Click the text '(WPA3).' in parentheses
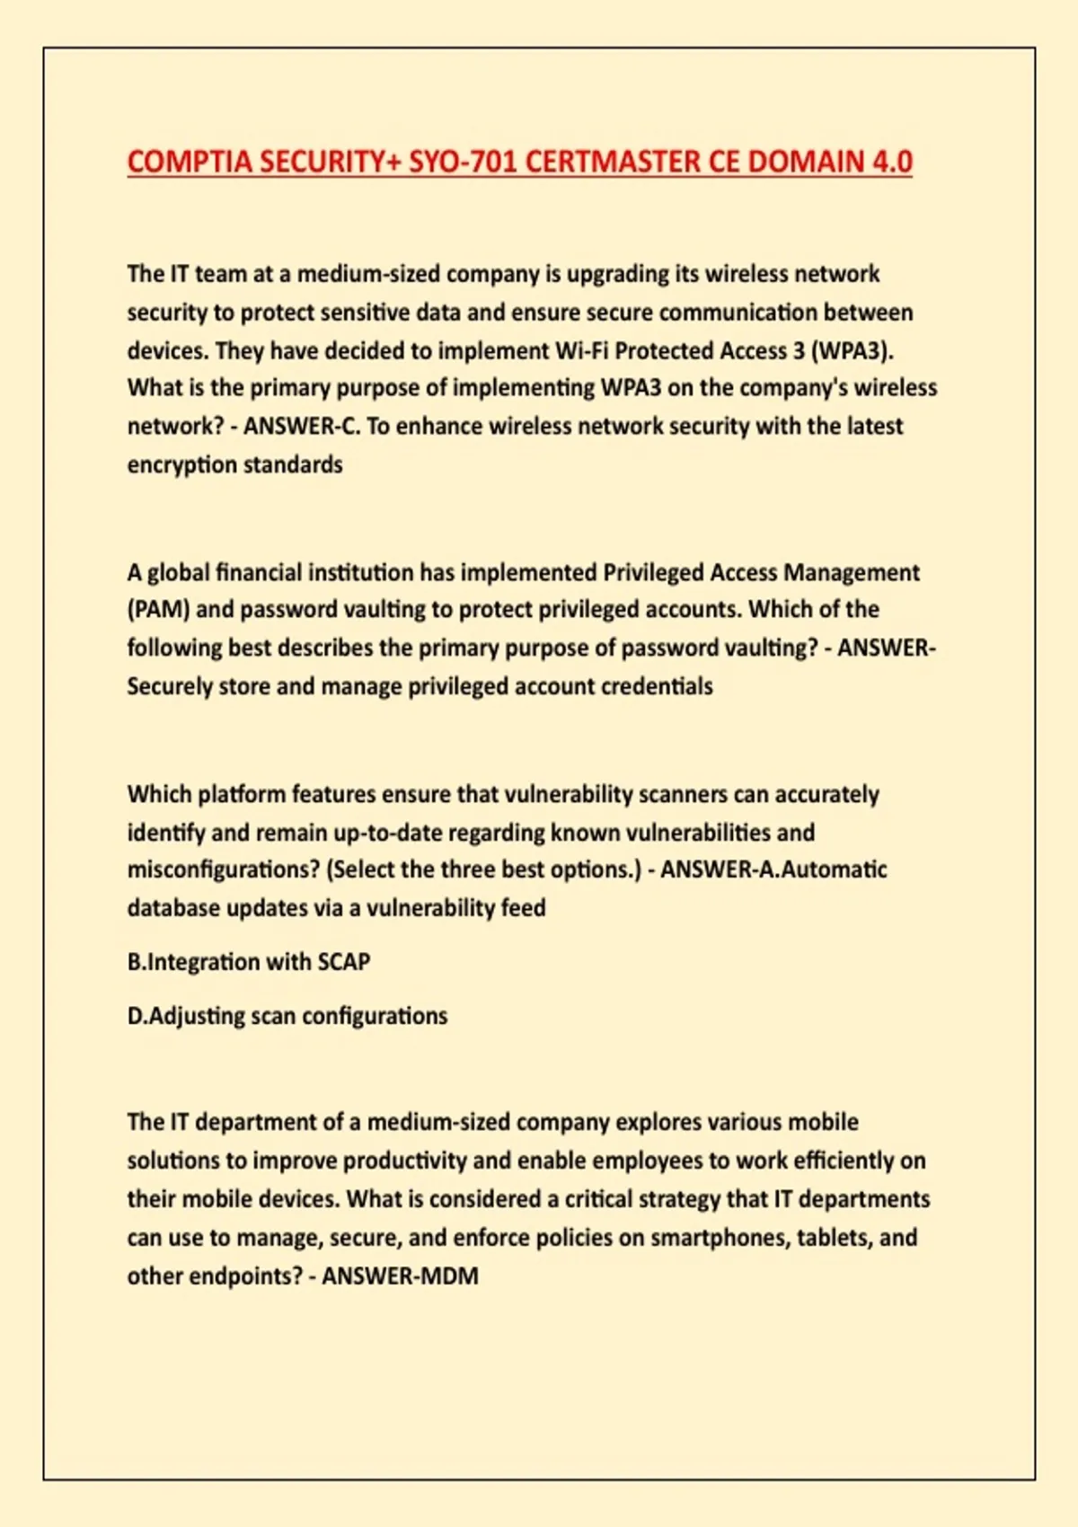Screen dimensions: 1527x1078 coord(853,350)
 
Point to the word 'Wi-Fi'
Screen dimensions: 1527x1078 coord(582,350)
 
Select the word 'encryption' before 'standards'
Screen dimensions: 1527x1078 coord(181,464)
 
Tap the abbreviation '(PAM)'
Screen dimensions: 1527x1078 coord(158,609)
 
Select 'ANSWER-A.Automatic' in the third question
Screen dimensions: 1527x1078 coord(773,869)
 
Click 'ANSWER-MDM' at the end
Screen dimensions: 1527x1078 coord(400,1275)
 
